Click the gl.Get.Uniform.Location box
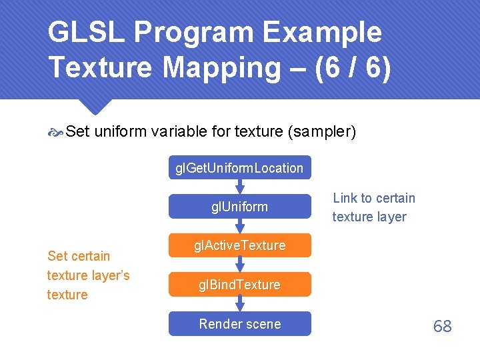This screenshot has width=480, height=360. (x=239, y=168)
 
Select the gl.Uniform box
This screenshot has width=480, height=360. (x=239, y=207)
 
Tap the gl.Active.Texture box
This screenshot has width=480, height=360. (x=239, y=245)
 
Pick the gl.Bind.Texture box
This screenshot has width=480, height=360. (x=239, y=285)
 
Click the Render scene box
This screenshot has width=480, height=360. (x=239, y=324)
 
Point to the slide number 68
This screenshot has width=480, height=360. (x=442, y=326)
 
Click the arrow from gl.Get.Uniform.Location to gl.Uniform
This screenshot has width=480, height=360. (x=240, y=187)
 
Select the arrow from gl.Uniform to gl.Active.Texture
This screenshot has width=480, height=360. (x=240, y=226)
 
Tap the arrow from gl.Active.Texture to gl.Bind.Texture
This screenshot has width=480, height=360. (x=240, y=265)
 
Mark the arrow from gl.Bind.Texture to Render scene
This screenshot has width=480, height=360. (x=240, y=305)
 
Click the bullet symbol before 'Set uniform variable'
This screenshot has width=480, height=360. (x=55, y=133)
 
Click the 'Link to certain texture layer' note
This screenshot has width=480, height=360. (x=373, y=207)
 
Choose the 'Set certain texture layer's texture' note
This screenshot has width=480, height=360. (x=88, y=275)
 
